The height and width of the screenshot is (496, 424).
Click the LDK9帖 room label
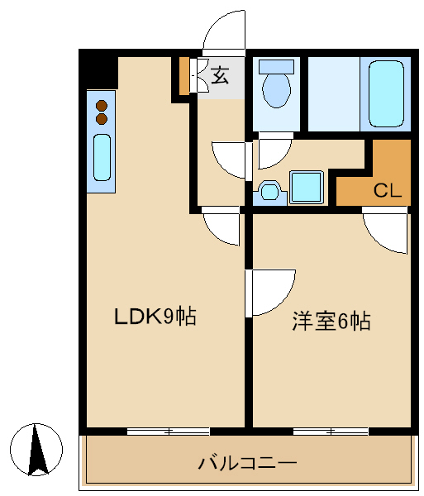(x=155, y=316)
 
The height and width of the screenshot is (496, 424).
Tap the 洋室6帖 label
(x=331, y=321)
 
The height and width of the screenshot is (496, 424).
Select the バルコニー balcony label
(x=248, y=463)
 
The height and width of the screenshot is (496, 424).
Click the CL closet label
(x=388, y=190)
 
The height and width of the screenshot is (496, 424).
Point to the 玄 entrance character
(x=220, y=75)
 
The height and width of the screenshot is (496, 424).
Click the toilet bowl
(x=276, y=90)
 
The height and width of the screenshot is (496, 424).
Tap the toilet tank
(x=276, y=67)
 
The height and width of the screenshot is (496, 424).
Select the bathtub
(x=386, y=94)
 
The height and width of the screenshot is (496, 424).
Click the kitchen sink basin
(x=102, y=157)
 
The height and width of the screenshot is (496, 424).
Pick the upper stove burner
(x=102, y=105)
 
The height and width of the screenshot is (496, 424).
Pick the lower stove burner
(x=102, y=118)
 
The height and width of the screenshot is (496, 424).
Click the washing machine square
(x=307, y=188)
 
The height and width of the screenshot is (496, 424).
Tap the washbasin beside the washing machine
(x=269, y=192)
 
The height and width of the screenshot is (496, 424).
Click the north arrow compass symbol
(x=36, y=450)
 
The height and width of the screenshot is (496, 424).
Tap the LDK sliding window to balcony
(x=169, y=432)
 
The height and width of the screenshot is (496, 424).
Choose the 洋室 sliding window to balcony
(x=331, y=432)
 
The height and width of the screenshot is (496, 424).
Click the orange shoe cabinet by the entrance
(x=184, y=76)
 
